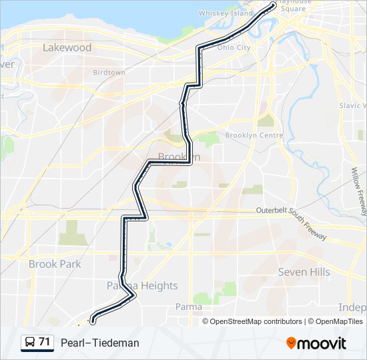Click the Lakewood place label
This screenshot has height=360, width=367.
[67, 47]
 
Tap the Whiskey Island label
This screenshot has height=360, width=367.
[226, 13]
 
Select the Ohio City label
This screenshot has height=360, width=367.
[234, 47]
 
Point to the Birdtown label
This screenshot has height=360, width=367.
[109, 72]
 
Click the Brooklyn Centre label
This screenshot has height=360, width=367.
[254, 135]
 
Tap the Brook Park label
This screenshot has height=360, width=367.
[55, 264]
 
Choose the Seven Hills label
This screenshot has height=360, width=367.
[304, 272]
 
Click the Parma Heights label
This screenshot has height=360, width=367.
[142, 285]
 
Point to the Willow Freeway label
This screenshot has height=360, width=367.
[358, 190]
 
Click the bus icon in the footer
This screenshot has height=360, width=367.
[30, 343]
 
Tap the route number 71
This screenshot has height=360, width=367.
[44, 342]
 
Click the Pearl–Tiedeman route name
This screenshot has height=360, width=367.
[100, 343]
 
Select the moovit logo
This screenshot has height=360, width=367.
[316, 343]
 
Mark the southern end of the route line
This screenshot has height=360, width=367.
[91, 321]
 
